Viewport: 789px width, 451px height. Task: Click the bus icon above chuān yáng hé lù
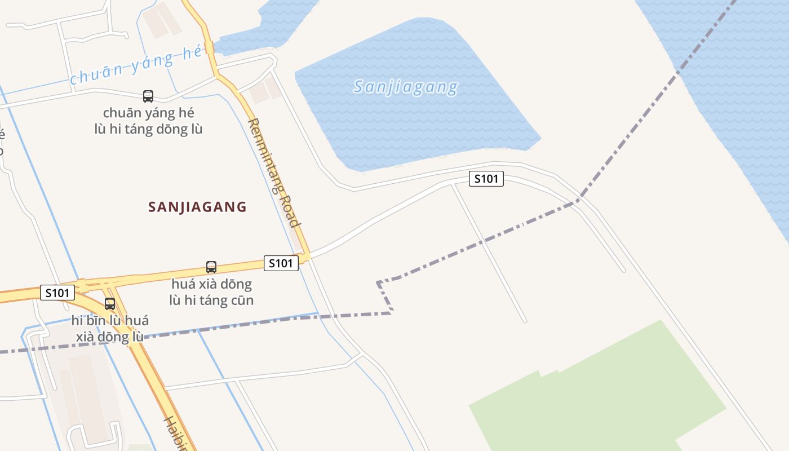pos(148,96)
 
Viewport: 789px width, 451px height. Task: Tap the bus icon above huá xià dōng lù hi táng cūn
pos(211,267)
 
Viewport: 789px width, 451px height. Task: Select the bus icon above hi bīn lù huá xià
pos(110,304)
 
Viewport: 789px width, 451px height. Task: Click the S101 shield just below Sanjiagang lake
pos(486,179)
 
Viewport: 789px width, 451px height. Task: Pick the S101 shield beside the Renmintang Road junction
pos(281,263)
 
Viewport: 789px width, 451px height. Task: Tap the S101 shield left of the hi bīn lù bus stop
pos(57,293)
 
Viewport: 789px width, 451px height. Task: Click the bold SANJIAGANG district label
pos(197,207)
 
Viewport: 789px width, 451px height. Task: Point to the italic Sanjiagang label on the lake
pos(406,87)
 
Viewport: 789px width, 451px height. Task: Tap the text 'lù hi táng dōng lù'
pos(148,129)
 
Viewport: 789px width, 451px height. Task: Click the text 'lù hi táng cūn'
pos(211,300)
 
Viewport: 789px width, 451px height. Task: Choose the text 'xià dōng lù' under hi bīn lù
pos(110,337)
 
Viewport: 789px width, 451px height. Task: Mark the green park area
pos(597,389)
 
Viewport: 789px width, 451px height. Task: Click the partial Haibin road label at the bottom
pos(175,434)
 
